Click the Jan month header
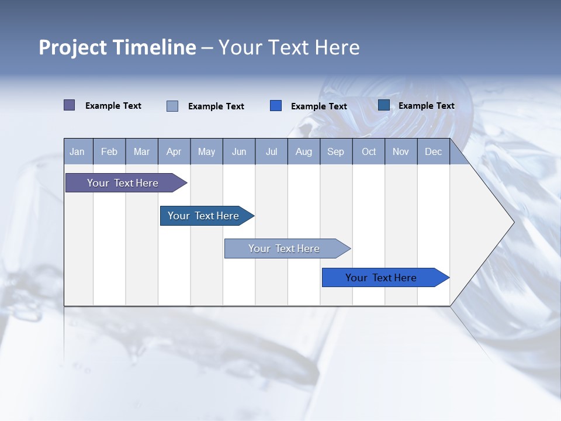pos(77,151)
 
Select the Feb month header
pos(109,151)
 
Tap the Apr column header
pos(174,151)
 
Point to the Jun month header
pos(239,151)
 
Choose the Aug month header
pos(303,151)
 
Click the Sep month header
pos(335,151)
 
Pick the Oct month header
pos(369,151)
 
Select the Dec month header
pos(433,151)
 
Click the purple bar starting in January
pos(123,183)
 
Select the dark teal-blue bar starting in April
pos(203,216)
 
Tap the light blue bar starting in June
pos(284,249)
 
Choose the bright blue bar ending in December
pos(381,278)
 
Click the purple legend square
pos(70,105)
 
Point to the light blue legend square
pos(172,106)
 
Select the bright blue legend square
pos(276,106)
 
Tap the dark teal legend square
pos(384,105)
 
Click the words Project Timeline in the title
pos(117,47)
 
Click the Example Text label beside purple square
pos(113,106)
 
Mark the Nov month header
pos(401,151)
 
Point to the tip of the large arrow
pos(512,222)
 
